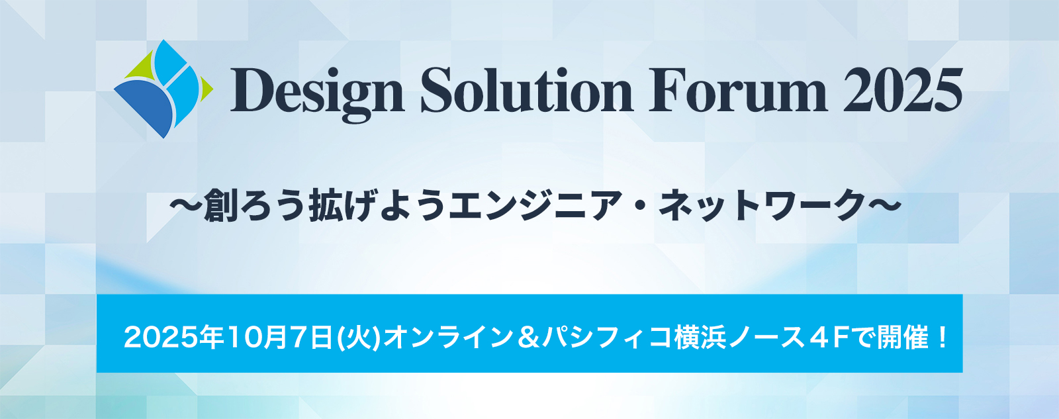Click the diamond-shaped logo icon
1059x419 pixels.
click(x=162, y=89)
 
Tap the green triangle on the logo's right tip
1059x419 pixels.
click(x=206, y=87)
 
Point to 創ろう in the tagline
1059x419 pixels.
click(x=254, y=206)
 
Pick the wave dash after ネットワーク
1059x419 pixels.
click(x=884, y=206)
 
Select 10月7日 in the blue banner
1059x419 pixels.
click(x=279, y=338)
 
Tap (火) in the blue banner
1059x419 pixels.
click(x=360, y=338)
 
